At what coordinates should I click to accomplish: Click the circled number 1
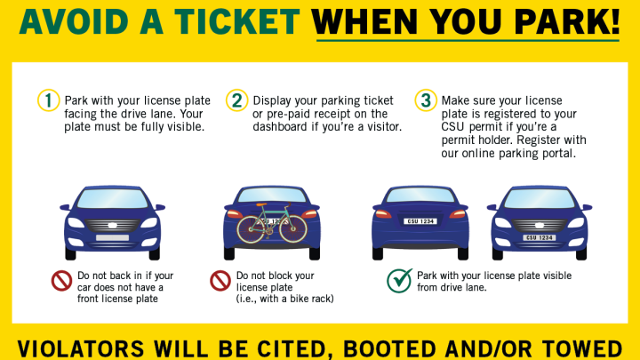49,100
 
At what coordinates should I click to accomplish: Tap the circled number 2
236,100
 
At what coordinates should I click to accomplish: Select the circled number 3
426,100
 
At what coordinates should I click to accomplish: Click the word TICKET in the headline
237,21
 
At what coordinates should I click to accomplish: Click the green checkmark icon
400,280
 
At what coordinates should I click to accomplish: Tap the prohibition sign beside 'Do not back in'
61,281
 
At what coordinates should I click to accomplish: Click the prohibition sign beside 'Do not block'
220,281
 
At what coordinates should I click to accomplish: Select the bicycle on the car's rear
272,222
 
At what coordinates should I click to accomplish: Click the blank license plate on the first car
112,237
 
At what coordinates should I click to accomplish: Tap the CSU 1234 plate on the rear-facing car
420,221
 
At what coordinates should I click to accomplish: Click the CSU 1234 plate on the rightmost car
540,237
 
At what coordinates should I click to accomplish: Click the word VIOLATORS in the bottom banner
81,349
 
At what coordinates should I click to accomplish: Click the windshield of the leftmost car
112,199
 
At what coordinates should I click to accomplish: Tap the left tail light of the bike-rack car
235,214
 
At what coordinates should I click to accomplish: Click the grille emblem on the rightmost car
540,225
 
